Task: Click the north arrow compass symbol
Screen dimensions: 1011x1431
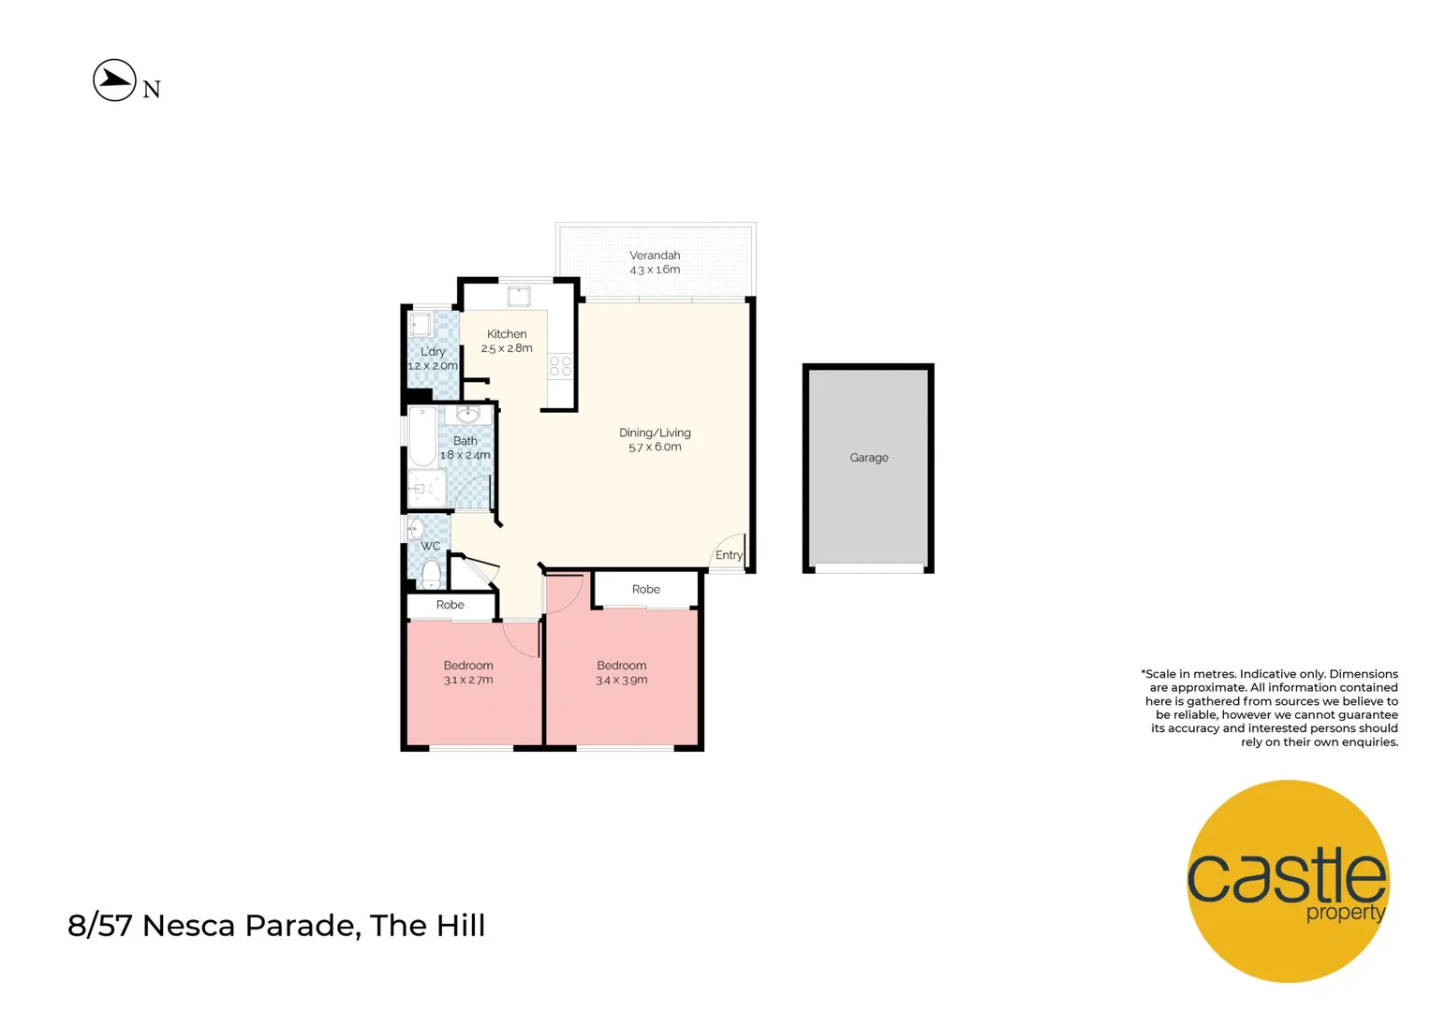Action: pos(115,81)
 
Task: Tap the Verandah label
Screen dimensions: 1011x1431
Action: pos(655,256)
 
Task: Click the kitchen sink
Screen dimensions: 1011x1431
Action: pos(519,298)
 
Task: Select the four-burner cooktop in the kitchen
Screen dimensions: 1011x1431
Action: pos(561,366)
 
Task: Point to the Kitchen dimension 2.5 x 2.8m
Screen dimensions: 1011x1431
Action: pos(507,348)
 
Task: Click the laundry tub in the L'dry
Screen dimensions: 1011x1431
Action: pos(420,325)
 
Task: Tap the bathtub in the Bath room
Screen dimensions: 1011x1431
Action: pos(422,436)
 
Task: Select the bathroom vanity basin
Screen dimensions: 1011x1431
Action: pos(468,414)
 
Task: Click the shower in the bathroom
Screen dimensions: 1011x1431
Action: pos(426,489)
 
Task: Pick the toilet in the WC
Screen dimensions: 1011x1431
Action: pos(431,571)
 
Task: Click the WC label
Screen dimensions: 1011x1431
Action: pos(430,547)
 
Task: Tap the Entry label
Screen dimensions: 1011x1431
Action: pos(729,555)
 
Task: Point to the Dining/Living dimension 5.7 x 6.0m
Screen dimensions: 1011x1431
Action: pos(655,447)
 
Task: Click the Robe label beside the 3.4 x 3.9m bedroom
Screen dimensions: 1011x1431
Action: pos(646,590)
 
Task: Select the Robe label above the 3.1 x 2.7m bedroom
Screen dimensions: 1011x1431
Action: pos(450,606)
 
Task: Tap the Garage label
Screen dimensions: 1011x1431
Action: pos(869,458)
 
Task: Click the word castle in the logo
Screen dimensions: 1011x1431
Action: pos(1286,877)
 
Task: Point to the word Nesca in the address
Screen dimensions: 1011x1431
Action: pos(189,926)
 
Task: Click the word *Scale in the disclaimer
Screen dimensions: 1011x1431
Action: pos(1158,674)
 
